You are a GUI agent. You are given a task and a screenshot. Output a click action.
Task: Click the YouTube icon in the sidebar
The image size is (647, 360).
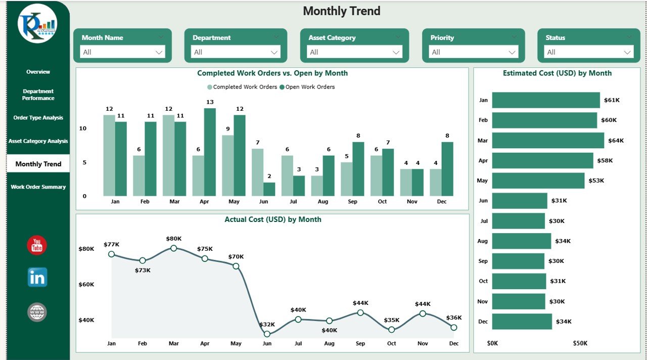click(x=37, y=245)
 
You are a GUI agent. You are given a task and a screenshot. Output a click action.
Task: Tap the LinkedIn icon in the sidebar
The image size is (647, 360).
click(x=37, y=277)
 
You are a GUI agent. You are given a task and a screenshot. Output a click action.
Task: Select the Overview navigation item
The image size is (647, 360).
click(x=38, y=72)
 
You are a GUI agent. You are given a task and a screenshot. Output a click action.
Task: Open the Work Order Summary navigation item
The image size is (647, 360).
click(x=38, y=187)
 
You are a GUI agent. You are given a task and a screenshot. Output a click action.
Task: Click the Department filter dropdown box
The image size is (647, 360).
click(x=236, y=52)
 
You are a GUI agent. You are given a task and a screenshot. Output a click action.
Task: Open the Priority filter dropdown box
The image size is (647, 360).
click(x=473, y=52)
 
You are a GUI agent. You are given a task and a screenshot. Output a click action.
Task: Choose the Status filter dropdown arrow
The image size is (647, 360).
click(x=627, y=52)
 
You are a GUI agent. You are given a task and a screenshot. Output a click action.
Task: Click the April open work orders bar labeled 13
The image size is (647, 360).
click(x=210, y=152)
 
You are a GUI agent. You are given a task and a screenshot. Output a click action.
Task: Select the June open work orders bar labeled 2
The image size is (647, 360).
click(x=269, y=189)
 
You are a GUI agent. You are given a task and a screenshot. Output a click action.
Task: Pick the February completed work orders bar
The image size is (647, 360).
click(x=138, y=175)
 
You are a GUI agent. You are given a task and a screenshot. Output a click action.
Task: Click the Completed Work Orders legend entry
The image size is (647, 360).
click(x=242, y=87)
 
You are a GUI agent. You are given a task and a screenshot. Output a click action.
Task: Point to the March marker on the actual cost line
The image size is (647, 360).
click(x=174, y=248)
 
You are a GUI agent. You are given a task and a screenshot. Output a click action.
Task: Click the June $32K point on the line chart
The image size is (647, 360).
click(x=267, y=334)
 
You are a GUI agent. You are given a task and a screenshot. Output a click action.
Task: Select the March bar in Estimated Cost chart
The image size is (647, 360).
click(x=547, y=141)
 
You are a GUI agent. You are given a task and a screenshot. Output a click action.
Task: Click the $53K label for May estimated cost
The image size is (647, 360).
click(x=596, y=181)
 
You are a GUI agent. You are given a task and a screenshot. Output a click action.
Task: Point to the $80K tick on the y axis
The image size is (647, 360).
click(x=86, y=249)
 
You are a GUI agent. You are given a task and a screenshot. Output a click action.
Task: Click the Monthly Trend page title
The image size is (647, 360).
click(x=342, y=11)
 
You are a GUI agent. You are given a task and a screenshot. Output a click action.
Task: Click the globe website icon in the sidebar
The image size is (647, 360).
click(x=37, y=312)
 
